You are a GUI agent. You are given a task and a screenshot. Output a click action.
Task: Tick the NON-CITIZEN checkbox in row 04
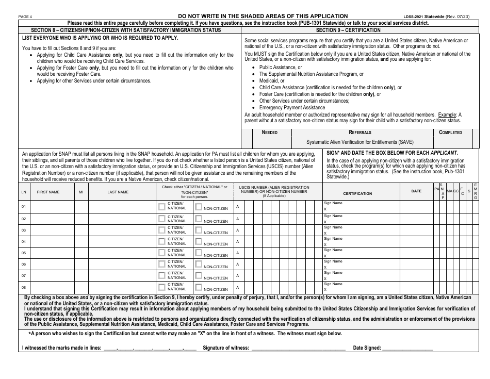(198, 241)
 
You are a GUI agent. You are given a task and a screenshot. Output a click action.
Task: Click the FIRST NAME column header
(48, 192)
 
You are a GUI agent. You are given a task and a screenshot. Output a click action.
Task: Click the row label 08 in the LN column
(23, 287)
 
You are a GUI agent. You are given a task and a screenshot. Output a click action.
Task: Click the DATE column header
(416, 191)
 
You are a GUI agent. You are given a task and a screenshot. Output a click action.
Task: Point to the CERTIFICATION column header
(357, 193)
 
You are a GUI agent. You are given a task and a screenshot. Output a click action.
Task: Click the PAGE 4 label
(25, 17)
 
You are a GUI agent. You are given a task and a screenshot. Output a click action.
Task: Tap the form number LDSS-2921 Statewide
(419, 17)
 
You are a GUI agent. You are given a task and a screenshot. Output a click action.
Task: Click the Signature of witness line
(298, 349)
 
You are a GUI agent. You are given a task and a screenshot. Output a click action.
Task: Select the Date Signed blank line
(407, 349)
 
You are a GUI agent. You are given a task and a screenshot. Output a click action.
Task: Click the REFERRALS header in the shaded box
(360, 133)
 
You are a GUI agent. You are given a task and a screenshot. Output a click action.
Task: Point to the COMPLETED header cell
(450, 133)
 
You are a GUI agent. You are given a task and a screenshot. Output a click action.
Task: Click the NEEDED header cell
(269, 133)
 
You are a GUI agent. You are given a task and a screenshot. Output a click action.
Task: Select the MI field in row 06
(81, 263)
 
